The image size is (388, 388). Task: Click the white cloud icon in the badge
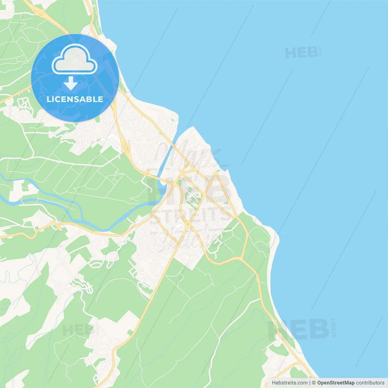pos(75,60)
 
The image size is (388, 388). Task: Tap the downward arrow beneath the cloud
pos(71,83)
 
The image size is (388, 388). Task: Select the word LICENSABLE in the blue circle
pos(75,99)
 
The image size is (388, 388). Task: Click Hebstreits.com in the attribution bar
pos(290,383)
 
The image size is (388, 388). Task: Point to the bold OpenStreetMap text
pos(336,383)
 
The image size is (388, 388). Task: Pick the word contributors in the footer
pos(370,383)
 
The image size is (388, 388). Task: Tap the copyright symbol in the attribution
pos(314,383)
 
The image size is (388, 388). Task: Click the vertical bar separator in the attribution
pos(310,383)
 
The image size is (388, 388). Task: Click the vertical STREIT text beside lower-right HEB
pos(334,328)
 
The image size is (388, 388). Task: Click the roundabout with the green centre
pos(188,225)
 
